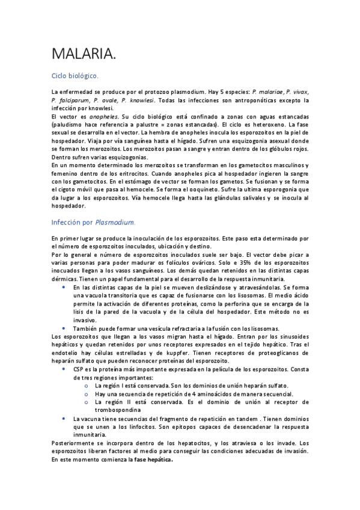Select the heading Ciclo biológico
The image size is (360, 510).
pos(75,76)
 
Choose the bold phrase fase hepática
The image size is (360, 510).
pos(153,459)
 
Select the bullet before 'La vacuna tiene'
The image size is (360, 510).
pos(64,418)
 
